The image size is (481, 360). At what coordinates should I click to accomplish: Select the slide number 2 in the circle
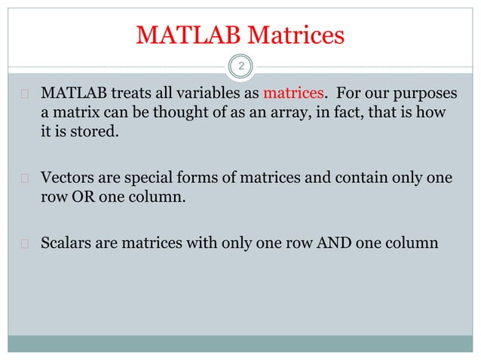(x=240, y=67)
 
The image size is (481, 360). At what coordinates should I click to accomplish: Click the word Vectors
(x=69, y=179)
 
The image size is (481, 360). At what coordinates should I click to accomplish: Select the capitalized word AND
(x=337, y=245)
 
